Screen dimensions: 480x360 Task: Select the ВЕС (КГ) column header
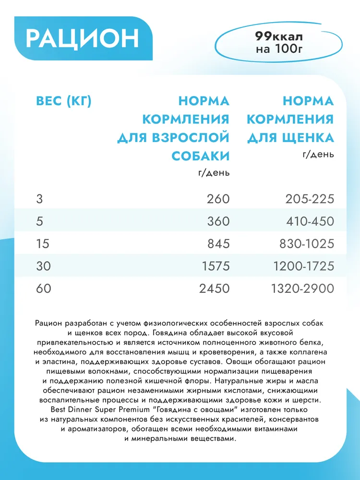point(63,101)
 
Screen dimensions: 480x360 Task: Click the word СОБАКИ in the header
point(200,156)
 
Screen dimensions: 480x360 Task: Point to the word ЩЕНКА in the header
point(307,138)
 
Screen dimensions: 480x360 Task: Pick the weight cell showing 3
point(39,198)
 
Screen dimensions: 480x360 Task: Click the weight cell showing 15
point(42,243)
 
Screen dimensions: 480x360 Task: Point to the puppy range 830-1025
point(306,243)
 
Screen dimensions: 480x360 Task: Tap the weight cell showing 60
point(43,288)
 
